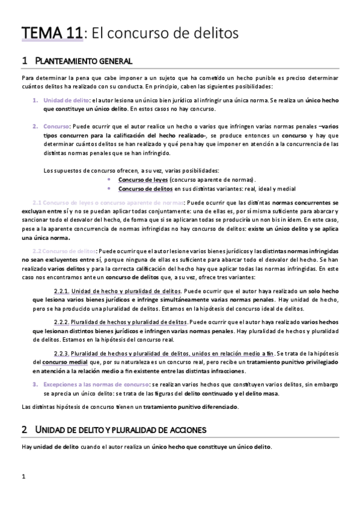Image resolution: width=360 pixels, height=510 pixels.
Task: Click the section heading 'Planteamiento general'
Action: [x=81, y=61]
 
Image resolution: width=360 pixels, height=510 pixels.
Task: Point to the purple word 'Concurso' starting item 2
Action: [x=56, y=127]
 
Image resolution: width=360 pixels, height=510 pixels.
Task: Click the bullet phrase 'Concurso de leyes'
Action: [x=142, y=179]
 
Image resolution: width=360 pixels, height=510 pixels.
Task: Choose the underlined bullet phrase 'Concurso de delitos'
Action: [x=145, y=188]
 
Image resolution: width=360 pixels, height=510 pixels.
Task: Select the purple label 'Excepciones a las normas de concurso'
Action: [x=96, y=384]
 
